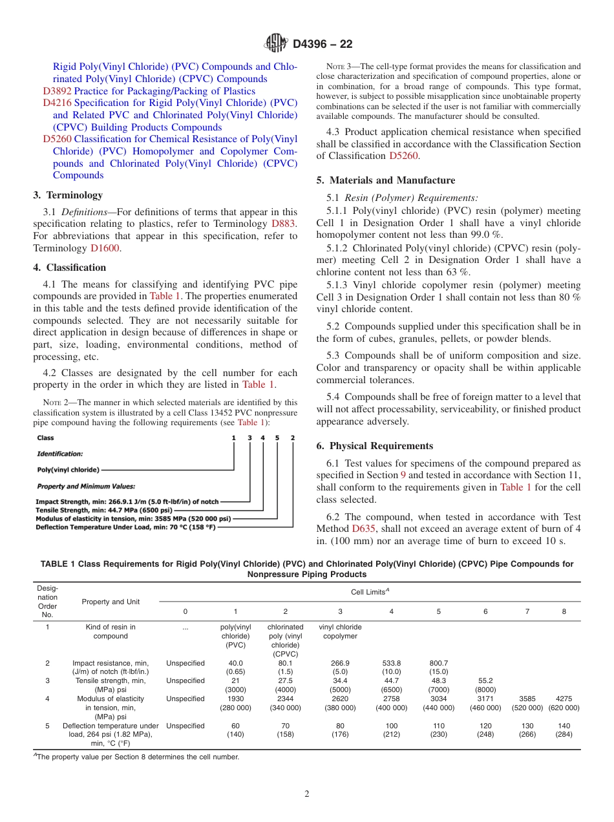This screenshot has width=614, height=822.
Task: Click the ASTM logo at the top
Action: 276,44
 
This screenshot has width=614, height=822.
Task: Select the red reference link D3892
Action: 57,91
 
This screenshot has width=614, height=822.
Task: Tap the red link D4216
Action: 57,103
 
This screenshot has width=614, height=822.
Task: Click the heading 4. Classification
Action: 69,268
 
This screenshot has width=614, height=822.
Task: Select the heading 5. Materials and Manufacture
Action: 386,180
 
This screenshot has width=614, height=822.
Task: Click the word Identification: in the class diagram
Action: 59,454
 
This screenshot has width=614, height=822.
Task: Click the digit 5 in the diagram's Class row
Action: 277,437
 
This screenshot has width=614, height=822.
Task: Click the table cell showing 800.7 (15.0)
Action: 438,667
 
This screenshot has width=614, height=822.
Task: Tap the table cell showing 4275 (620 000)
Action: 564,703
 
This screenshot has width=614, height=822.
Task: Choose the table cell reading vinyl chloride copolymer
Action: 340,631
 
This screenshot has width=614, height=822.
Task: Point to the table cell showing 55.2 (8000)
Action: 485,685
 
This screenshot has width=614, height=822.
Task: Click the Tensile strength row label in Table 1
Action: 111,685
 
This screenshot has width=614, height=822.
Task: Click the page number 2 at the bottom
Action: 307,794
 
